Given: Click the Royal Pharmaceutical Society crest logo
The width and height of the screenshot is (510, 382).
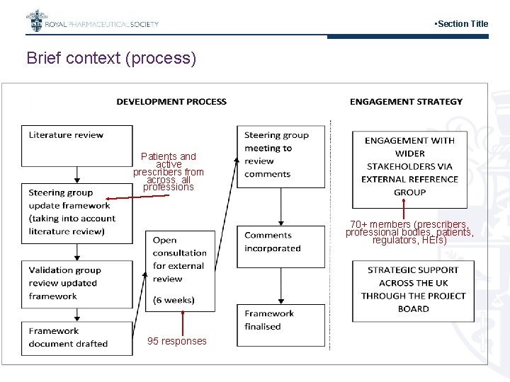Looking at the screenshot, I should coord(34,22).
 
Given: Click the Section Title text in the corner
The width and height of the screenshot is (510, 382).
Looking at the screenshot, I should coord(462,24).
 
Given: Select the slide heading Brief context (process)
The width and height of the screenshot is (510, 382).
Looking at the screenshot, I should coord(111,58).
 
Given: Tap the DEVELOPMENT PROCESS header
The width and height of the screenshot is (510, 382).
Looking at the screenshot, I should coord(171,102).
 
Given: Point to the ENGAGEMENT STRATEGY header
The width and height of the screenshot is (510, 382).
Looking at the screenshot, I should coord(406,102).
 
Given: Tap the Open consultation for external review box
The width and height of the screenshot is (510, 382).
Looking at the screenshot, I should coord(180,270).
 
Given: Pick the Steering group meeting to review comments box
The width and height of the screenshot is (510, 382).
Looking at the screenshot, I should coord(280,156).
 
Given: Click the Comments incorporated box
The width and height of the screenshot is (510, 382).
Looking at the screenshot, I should coord(280,242).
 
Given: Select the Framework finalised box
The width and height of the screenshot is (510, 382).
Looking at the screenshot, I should coord(280,321).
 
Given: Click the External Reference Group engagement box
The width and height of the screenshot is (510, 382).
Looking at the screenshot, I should coord(409,166).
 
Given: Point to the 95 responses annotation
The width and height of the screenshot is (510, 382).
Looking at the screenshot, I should coord(177,342).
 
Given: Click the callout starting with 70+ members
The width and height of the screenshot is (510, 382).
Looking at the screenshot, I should coord(409,232).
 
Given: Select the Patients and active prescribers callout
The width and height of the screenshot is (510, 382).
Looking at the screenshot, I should coord(169,171).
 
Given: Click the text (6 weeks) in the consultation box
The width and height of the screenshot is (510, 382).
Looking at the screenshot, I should coord(174,300).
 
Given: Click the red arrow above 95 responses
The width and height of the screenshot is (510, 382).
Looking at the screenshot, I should coord(183,322).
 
